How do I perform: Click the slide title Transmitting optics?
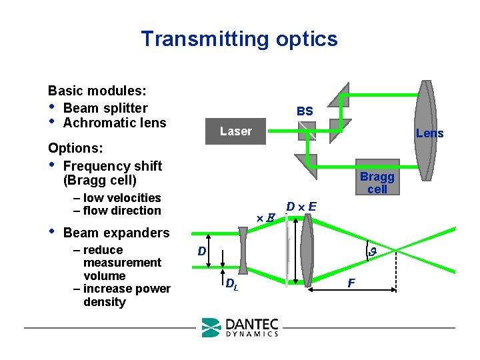pyautogui.click(x=239, y=39)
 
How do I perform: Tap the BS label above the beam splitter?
pyautogui.click(x=305, y=111)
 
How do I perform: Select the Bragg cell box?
pyautogui.click(x=377, y=182)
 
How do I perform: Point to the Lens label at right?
pyautogui.click(x=429, y=133)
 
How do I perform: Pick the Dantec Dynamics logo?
pyautogui.click(x=240, y=327)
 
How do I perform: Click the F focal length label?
pyautogui.click(x=351, y=283)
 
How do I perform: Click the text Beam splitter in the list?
pyautogui.click(x=105, y=108)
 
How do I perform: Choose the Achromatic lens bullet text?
pyautogui.click(x=114, y=123)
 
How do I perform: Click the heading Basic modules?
pyautogui.click(x=97, y=91)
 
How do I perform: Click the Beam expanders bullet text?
pyautogui.click(x=116, y=233)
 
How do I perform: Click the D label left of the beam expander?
pyautogui.click(x=201, y=251)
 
